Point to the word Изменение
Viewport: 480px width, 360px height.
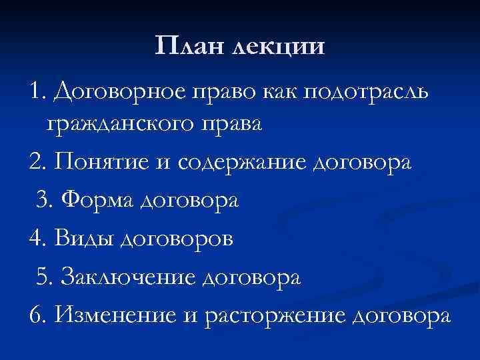point(118,313)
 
